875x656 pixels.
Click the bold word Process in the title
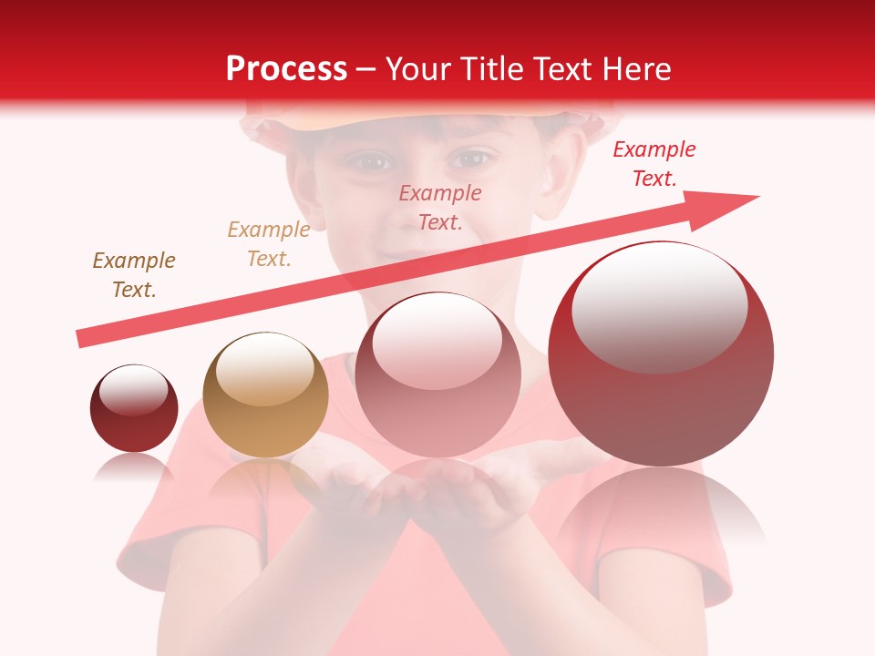point(286,69)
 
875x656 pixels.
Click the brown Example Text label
point(134,275)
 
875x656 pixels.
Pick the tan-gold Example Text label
point(269,244)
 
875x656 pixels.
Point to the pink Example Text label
point(440,207)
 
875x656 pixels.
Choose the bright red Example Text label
point(654,164)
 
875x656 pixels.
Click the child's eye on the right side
point(470,159)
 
